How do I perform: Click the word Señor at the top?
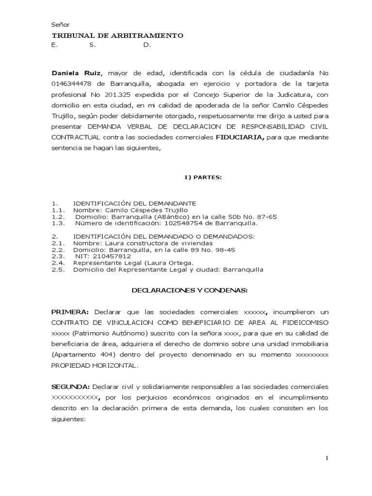point(61,25)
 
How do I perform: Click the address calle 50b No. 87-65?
point(247,217)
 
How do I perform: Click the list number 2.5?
point(58,269)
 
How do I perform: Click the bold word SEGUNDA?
point(71,387)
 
